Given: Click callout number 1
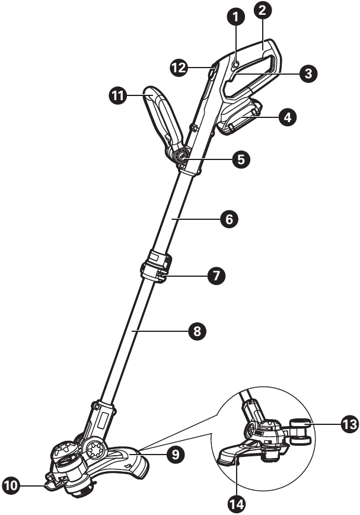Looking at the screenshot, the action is tap(235, 17).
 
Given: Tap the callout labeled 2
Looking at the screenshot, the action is tap(263, 10).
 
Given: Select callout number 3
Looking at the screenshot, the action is tap(308, 73).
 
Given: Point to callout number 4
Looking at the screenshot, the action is tap(287, 117).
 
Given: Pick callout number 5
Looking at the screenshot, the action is tap(241, 159).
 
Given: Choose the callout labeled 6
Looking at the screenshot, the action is tap(229, 219).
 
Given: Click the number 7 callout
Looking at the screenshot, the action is tap(216, 276).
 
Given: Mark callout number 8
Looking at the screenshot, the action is tap(197, 331).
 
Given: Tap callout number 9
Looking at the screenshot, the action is tap(176, 455).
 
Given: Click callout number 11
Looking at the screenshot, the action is tap(117, 95).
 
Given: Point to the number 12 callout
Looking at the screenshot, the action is tap(179, 68).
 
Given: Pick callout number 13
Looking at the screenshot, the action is tap(349, 424).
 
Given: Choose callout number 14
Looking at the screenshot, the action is tap(237, 504).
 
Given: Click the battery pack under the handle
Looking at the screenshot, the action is tap(240, 117).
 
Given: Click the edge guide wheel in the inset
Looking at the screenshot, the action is tap(299, 431).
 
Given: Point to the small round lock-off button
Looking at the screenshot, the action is tap(235, 65).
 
